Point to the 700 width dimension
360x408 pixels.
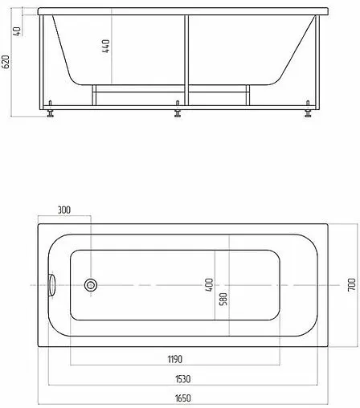(350, 284)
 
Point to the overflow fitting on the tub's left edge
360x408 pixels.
(53, 284)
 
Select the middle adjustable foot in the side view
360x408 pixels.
(178, 112)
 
